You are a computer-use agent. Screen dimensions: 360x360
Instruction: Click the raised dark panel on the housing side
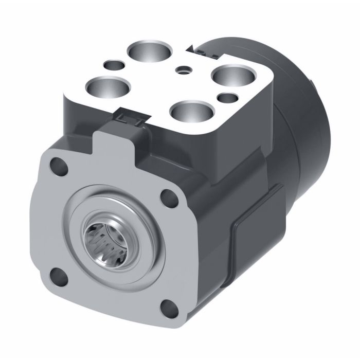[257, 226]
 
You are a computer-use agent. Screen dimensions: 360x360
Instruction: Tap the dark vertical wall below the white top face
[82, 116]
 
